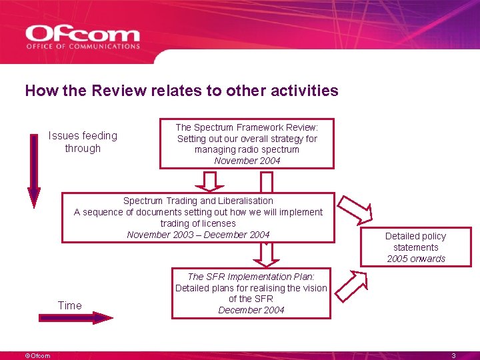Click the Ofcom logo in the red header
pos(83,34)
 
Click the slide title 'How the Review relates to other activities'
pos(181,91)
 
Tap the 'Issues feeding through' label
pos(83,142)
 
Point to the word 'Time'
pos(70,305)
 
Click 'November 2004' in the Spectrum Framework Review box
pos(247,161)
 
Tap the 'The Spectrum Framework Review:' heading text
pos(247,127)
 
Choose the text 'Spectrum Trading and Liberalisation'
pos(198,201)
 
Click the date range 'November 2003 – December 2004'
pos(198,235)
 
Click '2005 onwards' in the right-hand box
pos(415,259)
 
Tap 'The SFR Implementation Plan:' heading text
pos(251,277)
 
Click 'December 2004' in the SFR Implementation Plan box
pos(251,310)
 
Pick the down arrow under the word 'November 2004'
pos(209,181)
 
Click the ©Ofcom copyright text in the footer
pos(37,356)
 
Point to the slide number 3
pos(453,356)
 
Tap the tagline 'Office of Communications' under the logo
pos(83,47)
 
